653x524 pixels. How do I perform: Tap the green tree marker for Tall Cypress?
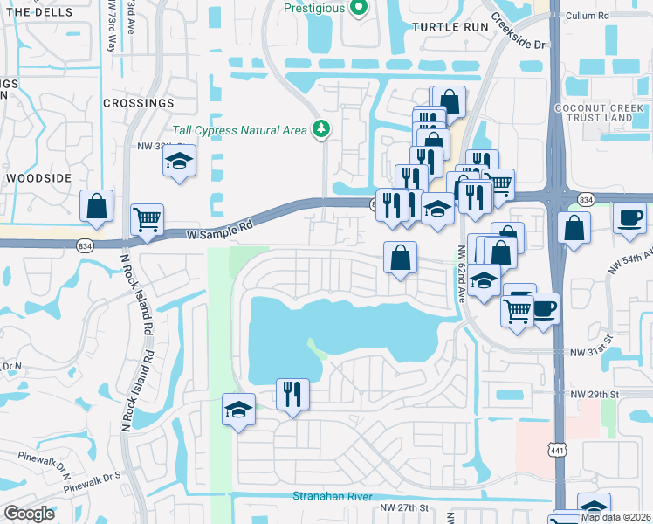pos(322,129)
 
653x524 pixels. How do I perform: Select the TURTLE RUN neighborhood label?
pos(447,27)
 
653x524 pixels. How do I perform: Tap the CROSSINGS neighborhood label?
pos(138,102)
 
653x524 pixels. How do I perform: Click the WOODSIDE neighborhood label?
pos(38,177)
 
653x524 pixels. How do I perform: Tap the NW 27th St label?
pos(405,507)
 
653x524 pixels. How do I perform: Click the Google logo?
pos(30,514)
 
